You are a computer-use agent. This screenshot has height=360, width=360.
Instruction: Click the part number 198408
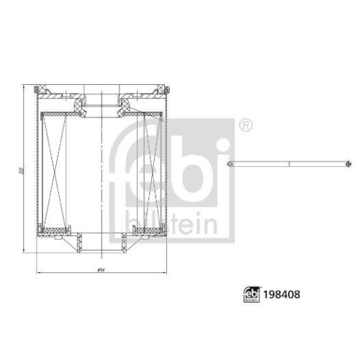pyautogui.click(x=282, y=293)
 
